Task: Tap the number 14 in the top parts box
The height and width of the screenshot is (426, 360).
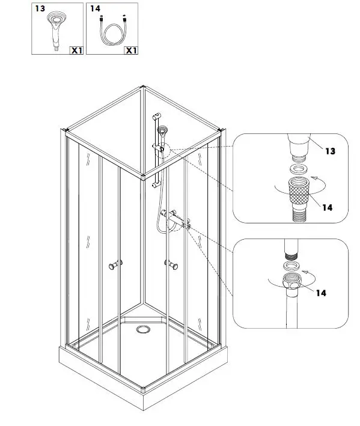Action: [x=94, y=8]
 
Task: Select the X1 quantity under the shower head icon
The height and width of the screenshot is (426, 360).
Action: [x=76, y=50]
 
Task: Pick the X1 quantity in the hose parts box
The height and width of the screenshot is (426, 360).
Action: [x=131, y=50]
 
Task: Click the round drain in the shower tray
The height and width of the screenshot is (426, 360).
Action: [x=143, y=329]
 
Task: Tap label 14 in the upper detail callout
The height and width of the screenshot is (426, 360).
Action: [x=326, y=207]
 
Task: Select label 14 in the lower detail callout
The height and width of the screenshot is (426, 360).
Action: [x=321, y=293]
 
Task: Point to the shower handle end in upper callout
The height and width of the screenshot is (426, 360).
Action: [x=298, y=145]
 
